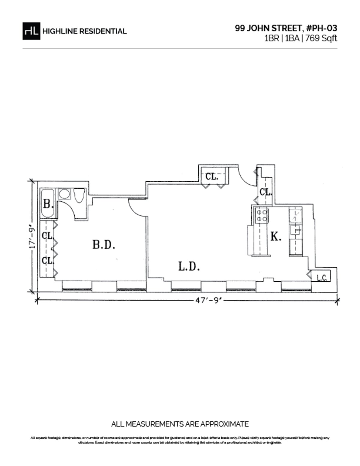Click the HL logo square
tap(31, 31)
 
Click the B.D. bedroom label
tap(104, 245)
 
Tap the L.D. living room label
tap(189, 266)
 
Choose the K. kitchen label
tap(276, 237)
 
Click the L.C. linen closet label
tap(322, 278)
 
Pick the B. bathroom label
tap(48, 204)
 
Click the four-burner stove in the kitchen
tap(261, 215)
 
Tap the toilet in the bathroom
tap(79, 196)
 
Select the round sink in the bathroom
tap(64, 194)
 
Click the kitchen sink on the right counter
tap(296, 231)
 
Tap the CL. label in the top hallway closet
tap(212, 177)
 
